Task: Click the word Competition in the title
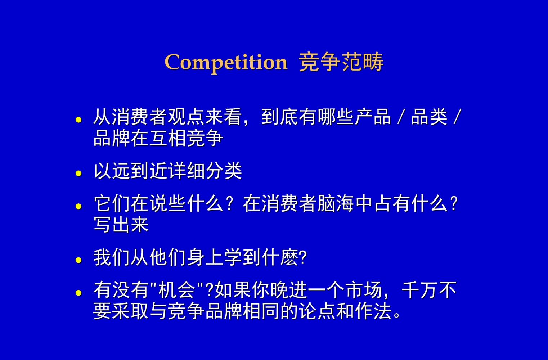click(x=226, y=63)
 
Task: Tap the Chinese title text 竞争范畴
click(x=341, y=63)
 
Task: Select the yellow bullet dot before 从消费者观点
click(x=79, y=120)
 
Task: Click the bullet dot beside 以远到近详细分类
click(x=79, y=174)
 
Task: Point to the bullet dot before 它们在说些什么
click(x=79, y=206)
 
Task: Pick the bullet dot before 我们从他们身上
click(x=79, y=260)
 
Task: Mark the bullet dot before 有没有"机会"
click(x=79, y=292)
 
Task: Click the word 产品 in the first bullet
click(x=373, y=117)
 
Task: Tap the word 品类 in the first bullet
click(x=429, y=117)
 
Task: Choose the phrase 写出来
click(x=121, y=225)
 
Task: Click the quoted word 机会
click(x=177, y=290)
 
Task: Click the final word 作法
click(x=373, y=311)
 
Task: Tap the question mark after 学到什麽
click(x=303, y=257)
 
